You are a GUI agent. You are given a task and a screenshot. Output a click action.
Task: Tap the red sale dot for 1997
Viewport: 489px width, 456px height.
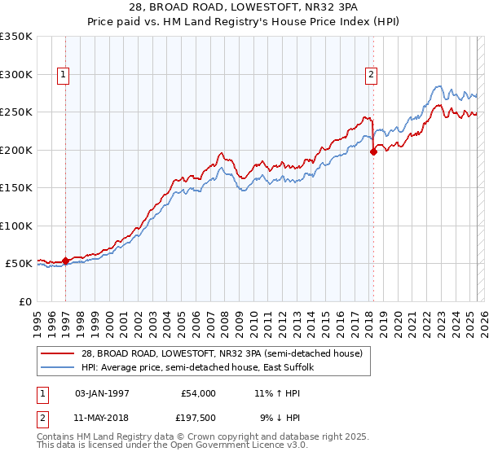66,261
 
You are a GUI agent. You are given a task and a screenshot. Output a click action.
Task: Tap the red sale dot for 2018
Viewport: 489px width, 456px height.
373,151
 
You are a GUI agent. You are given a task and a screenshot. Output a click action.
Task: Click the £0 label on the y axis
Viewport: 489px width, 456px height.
26,301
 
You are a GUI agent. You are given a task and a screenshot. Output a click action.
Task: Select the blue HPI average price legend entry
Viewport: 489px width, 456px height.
196,367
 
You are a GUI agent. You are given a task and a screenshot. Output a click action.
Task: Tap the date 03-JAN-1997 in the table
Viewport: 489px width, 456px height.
102,393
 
